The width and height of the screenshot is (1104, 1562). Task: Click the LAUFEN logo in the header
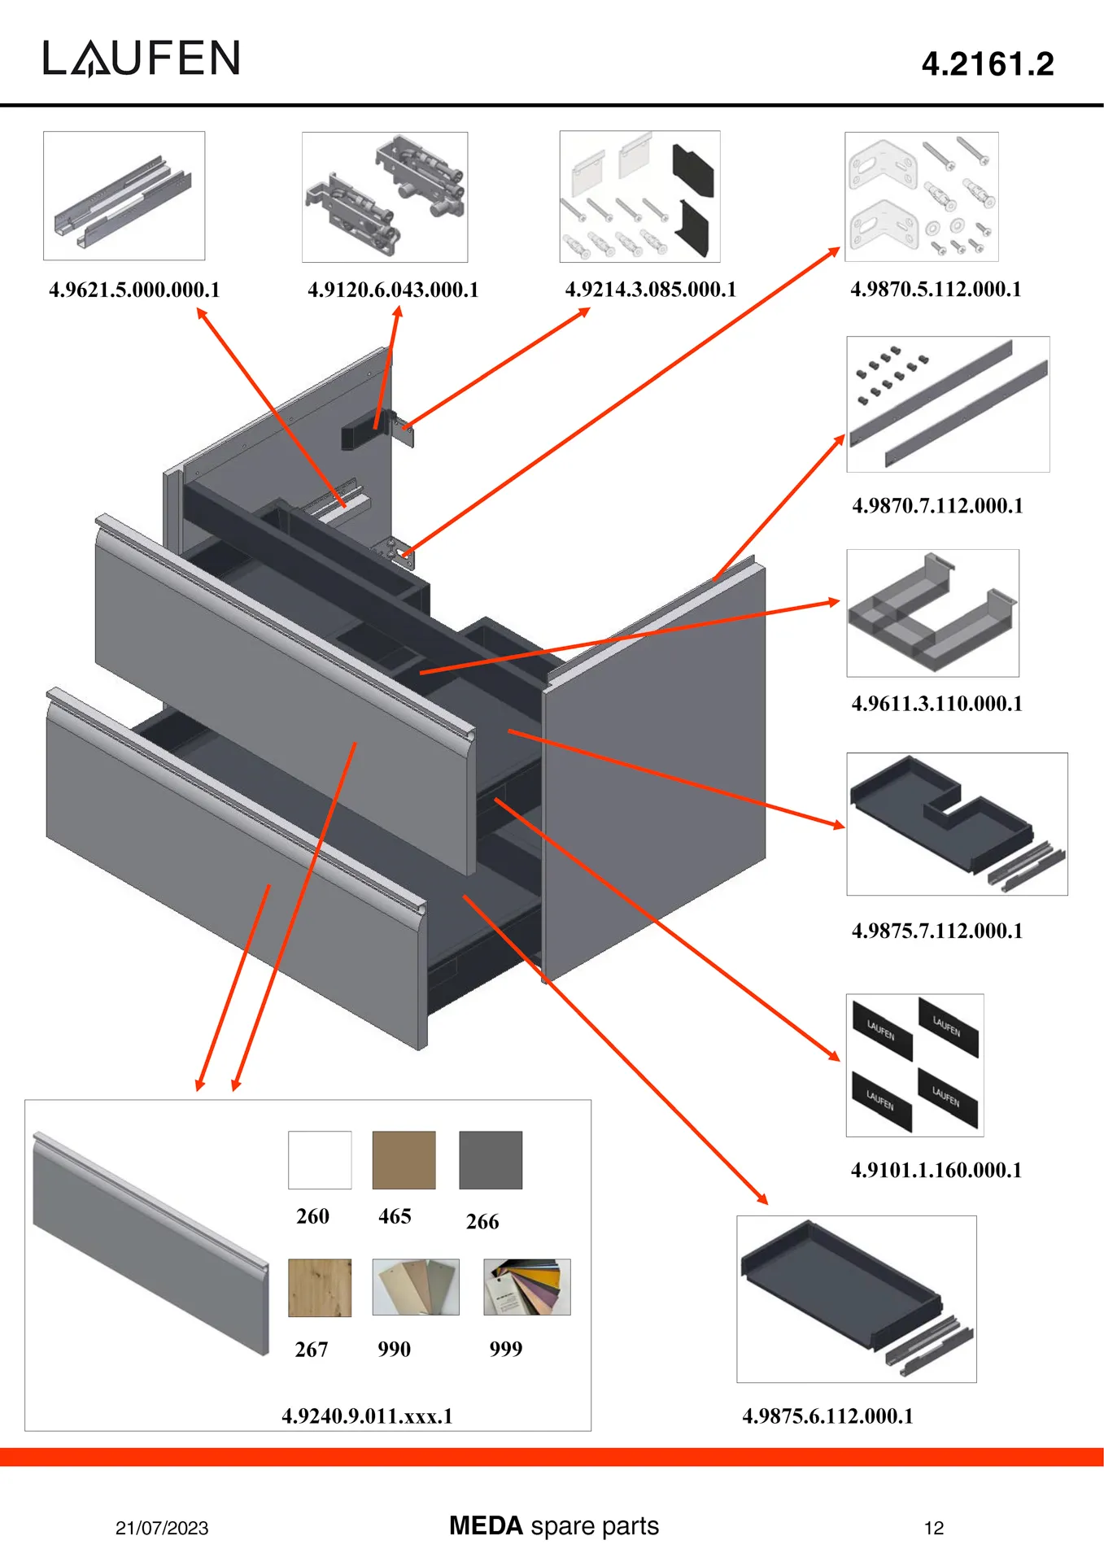[x=142, y=59]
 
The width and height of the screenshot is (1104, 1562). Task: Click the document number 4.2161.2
[x=987, y=64]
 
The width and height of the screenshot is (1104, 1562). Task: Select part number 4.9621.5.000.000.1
[x=134, y=290]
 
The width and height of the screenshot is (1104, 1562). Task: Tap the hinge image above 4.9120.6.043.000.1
[x=385, y=197]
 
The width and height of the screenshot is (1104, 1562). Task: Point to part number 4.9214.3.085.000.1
[x=650, y=290]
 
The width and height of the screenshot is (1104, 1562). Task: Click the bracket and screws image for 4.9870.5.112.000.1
[x=921, y=197]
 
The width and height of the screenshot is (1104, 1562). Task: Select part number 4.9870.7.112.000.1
[x=937, y=505]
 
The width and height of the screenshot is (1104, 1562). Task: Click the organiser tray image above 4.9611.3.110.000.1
[x=932, y=613]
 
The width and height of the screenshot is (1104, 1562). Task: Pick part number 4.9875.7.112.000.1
[x=937, y=931]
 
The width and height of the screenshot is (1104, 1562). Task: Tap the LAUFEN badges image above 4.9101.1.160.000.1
[x=914, y=1065]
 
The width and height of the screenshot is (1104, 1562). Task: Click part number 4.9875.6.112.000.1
[x=827, y=1416]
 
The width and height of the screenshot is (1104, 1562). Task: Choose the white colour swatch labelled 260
[x=320, y=1160]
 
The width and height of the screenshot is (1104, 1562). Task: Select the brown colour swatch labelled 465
[x=404, y=1160]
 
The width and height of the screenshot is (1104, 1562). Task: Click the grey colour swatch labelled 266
[x=491, y=1160]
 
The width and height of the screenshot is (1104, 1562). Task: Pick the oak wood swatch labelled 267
[x=320, y=1288]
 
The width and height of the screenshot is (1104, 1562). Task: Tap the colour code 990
[x=394, y=1350]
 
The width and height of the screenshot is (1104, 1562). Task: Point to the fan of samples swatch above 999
[x=526, y=1287]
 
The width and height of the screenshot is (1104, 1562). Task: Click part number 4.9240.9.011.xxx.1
[x=367, y=1416]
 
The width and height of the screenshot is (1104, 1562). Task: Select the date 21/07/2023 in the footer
[x=162, y=1528]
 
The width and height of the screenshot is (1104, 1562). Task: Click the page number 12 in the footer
[x=934, y=1528]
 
